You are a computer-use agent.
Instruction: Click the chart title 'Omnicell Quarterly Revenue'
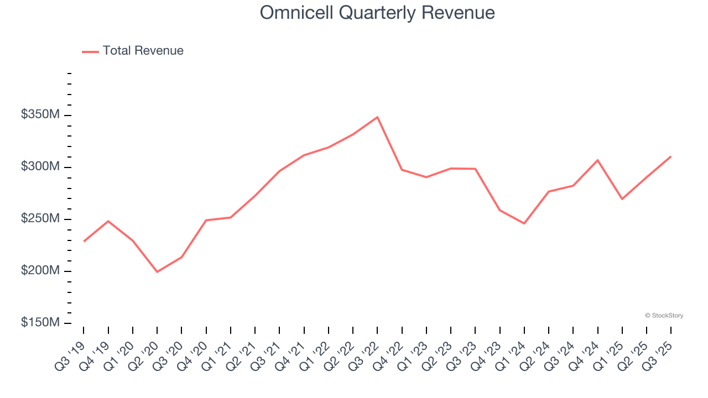[377, 13]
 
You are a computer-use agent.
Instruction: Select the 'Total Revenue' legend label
[143, 51]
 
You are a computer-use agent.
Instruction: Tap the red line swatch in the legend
[90, 51]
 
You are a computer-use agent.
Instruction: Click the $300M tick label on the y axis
[40, 167]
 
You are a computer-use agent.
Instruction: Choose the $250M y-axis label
[40, 219]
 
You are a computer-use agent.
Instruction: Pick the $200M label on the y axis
[40, 271]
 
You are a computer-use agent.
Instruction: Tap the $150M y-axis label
[40, 323]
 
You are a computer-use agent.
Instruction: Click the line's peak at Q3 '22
[377, 117]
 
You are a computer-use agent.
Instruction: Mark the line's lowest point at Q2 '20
[157, 271]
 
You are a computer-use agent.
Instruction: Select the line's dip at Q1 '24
[524, 223]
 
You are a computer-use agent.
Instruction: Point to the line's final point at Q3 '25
[671, 156]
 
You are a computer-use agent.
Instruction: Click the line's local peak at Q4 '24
[597, 160]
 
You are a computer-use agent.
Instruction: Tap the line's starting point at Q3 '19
[84, 241]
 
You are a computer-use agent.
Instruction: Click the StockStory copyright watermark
[664, 316]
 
